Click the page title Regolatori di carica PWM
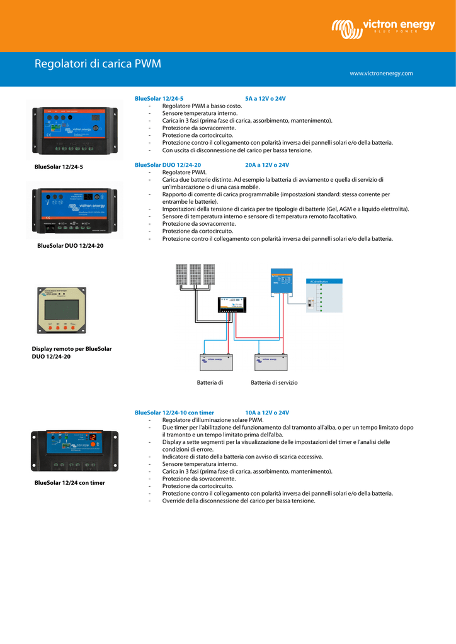98,64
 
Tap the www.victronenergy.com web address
381,74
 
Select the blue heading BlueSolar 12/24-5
159,99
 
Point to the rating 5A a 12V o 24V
265,99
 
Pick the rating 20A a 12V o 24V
267,165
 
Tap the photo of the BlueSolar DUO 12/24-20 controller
74,210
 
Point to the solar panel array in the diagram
195,275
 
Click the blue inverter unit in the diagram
282,281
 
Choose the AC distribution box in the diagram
324,296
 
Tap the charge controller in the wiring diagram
232,306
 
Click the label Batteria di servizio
274,382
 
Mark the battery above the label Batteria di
216,364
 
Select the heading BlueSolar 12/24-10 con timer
174,413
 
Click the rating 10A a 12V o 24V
267,413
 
